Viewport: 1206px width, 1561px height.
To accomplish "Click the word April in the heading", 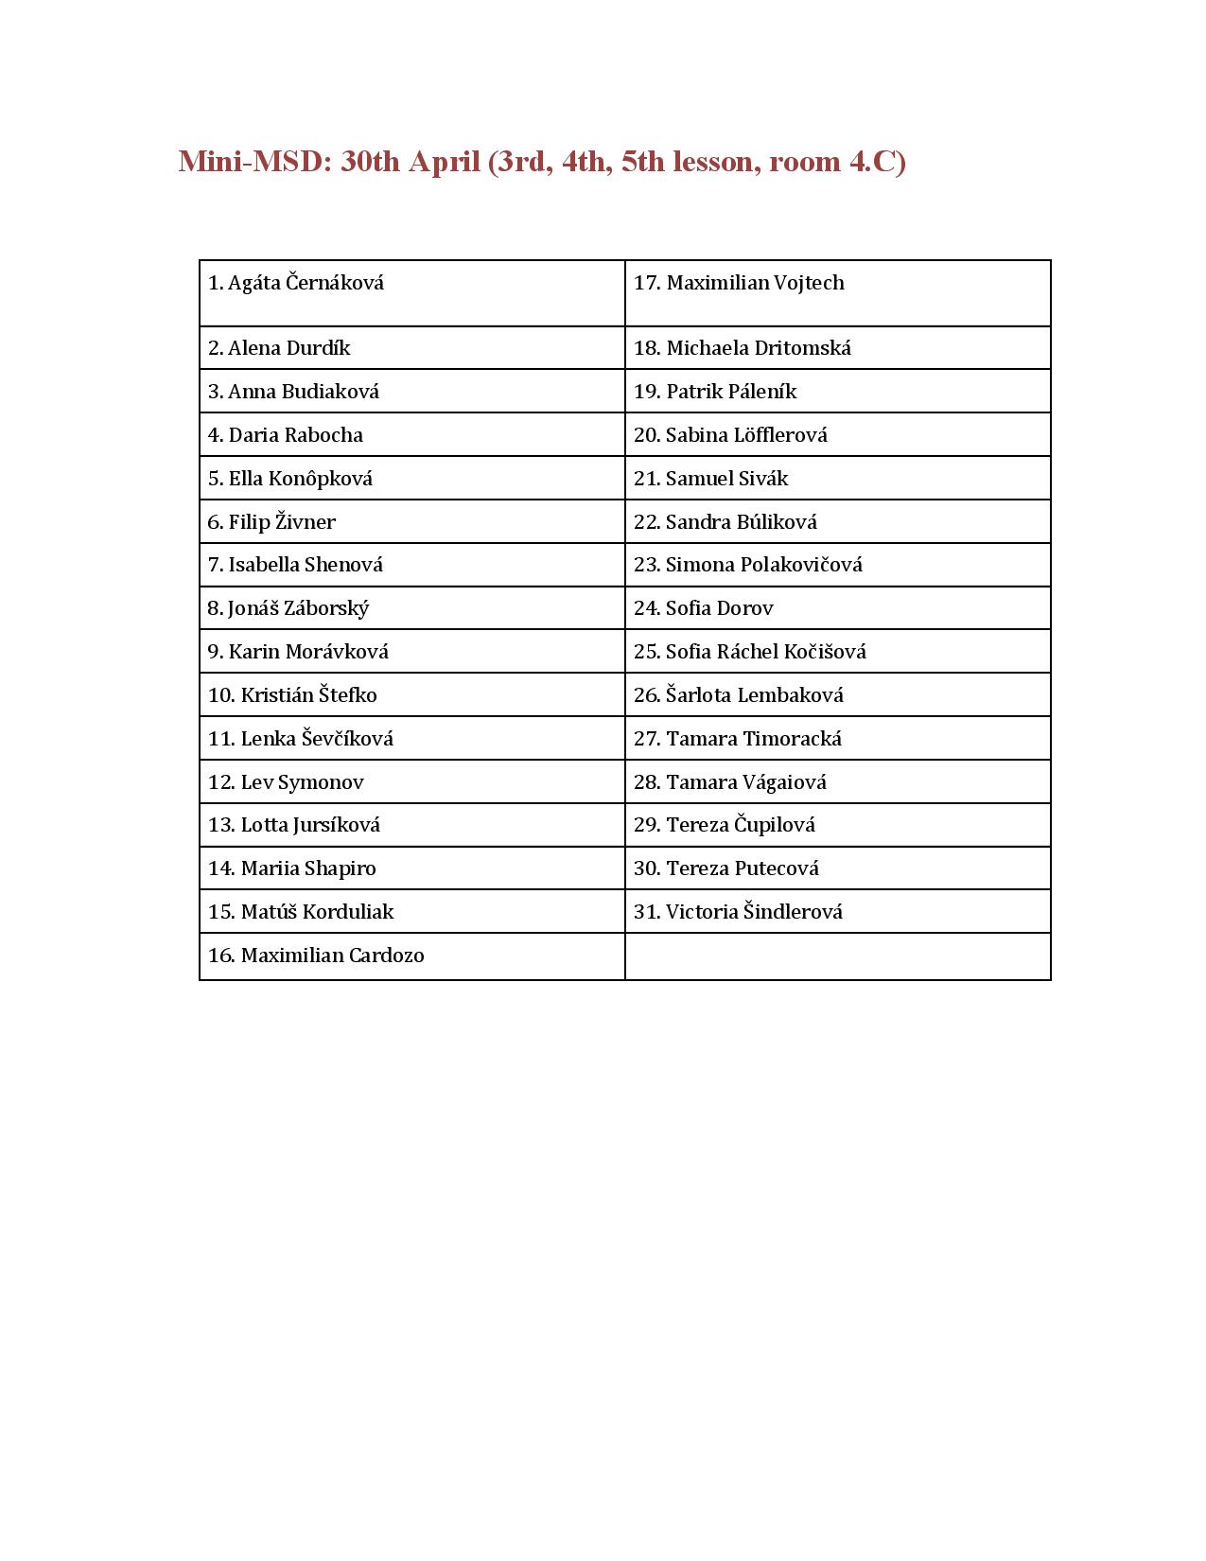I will (x=444, y=162).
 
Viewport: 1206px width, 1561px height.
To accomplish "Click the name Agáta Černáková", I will (x=306, y=283).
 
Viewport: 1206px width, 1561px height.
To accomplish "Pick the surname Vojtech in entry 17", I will (x=809, y=283).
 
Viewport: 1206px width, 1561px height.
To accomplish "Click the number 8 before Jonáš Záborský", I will (x=214, y=608).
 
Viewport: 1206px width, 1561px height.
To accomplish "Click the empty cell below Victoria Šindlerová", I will (x=837, y=956).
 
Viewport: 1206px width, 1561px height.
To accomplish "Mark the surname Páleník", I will (x=762, y=392).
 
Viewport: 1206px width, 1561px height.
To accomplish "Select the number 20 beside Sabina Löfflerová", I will (x=646, y=435).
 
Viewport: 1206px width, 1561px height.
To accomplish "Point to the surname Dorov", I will (x=745, y=608).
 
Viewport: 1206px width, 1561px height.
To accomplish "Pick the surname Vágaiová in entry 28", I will (x=784, y=782).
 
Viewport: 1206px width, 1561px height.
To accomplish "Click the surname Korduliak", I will (x=347, y=912).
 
